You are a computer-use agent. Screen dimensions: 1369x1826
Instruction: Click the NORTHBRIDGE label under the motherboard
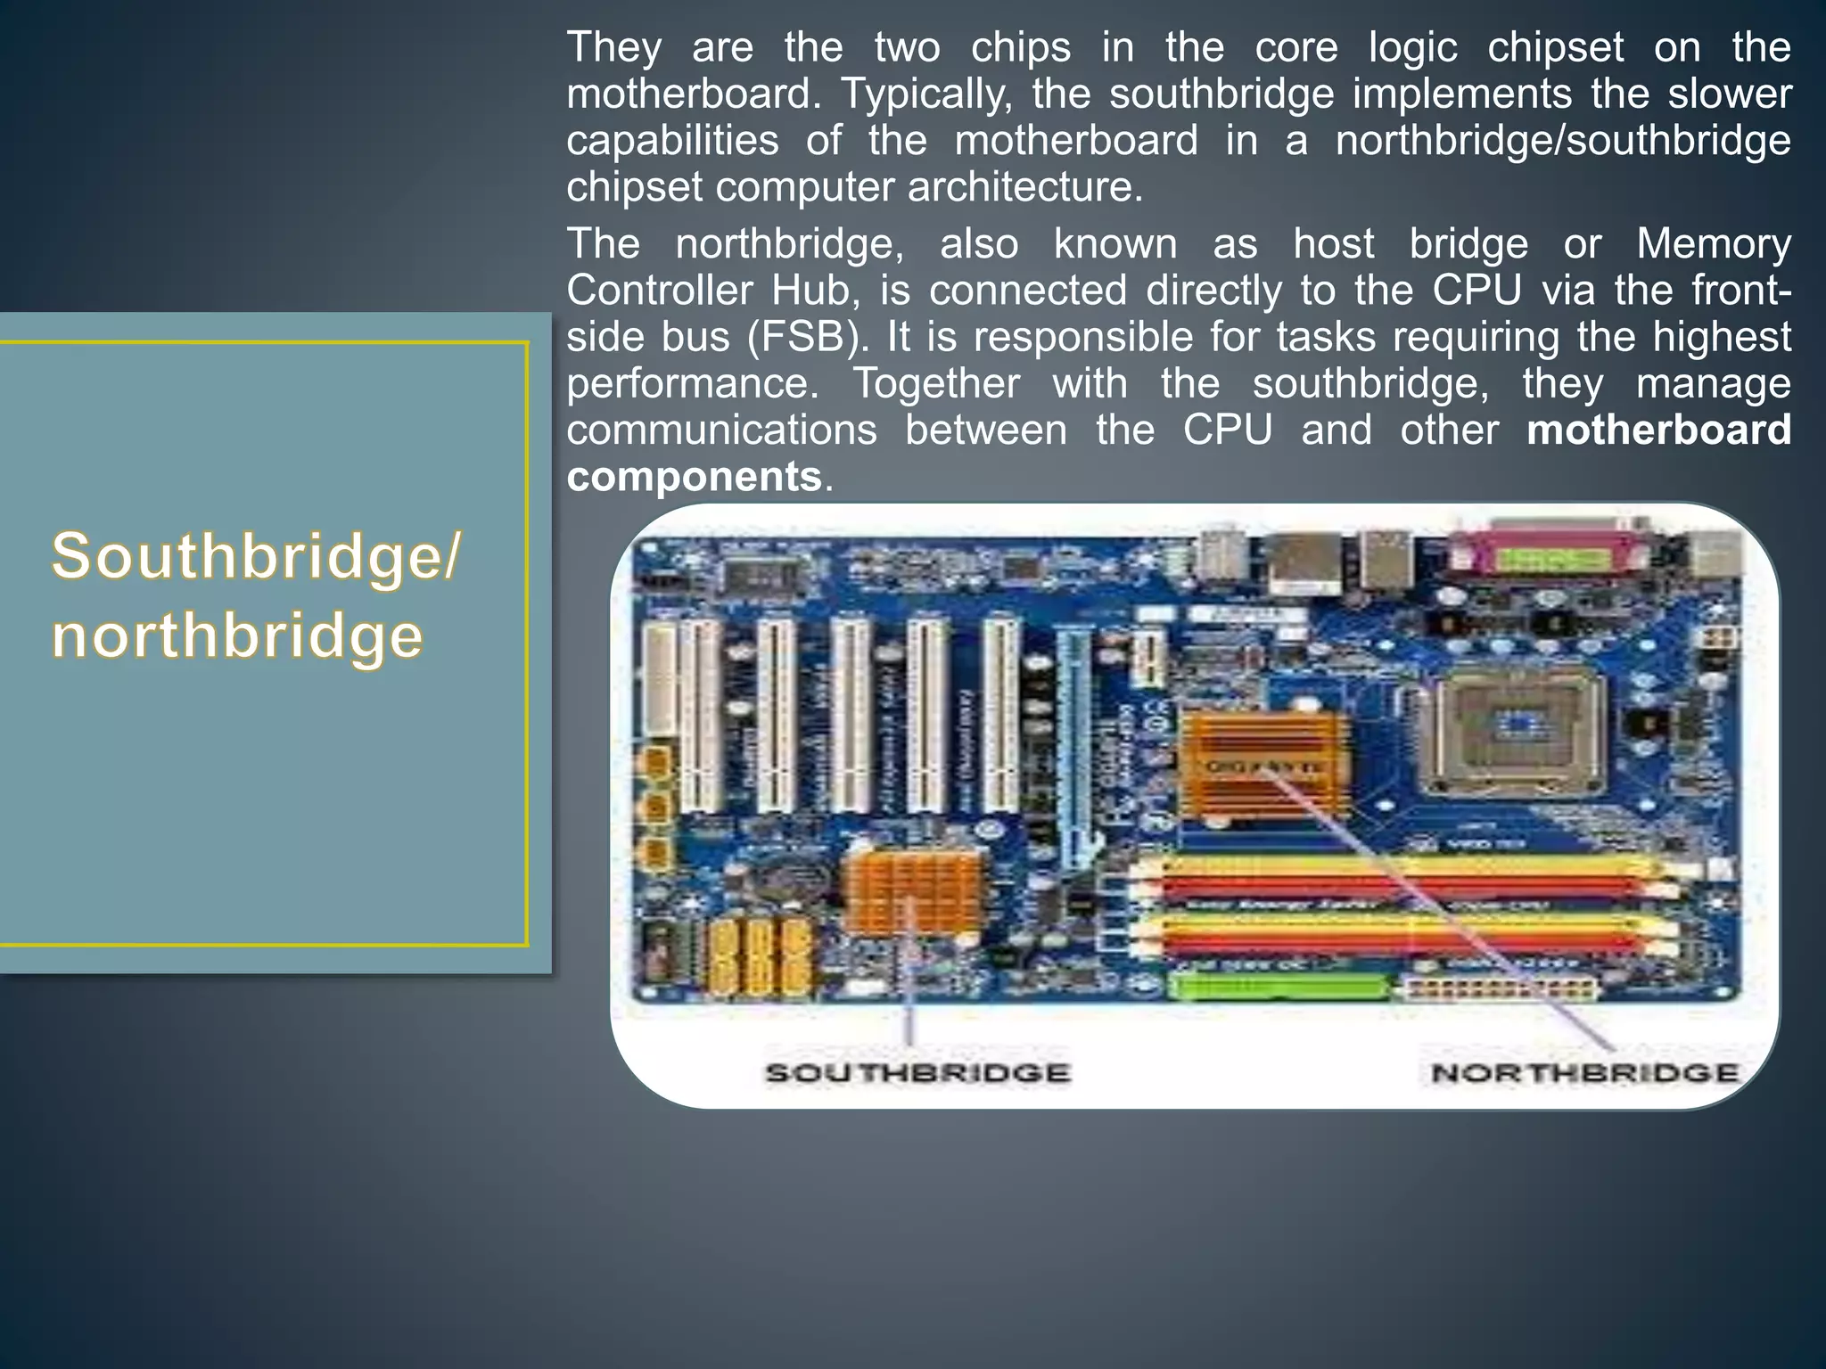1584,1072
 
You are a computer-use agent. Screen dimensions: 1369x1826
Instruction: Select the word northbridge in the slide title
237,636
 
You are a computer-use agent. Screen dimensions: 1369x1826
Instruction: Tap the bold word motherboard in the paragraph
1658,430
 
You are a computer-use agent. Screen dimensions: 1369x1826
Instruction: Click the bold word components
694,476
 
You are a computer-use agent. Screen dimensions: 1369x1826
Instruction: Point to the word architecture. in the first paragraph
1025,187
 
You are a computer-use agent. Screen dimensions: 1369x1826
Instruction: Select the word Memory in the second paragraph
1714,244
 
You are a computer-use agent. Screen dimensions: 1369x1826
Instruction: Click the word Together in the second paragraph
936,383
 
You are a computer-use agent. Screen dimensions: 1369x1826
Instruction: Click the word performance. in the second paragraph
692,383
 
